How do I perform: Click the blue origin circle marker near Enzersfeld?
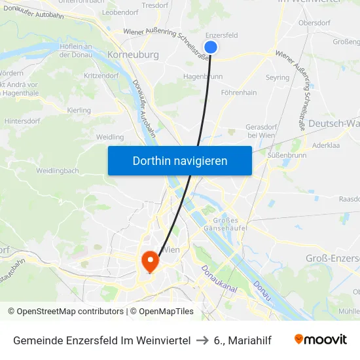(x=211, y=47)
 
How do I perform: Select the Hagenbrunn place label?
(x=204, y=76)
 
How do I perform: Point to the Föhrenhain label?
(x=239, y=92)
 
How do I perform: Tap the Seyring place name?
(x=278, y=77)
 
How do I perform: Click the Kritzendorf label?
(x=101, y=76)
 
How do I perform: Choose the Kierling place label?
(x=79, y=110)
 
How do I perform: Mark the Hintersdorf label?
(x=23, y=121)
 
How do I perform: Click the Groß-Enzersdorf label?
(x=333, y=259)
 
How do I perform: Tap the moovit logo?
(x=321, y=339)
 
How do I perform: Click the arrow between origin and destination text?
(x=204, y=340)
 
